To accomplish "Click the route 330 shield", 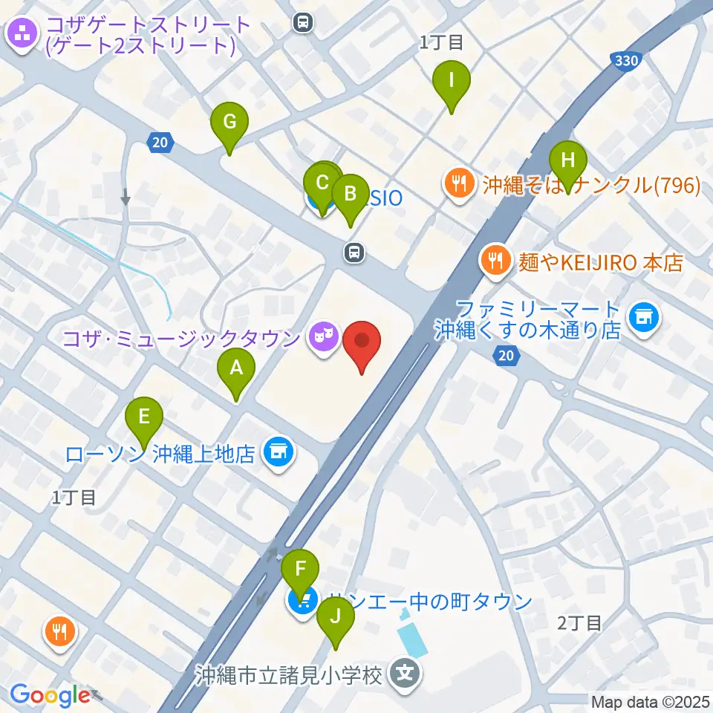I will pos(626,62).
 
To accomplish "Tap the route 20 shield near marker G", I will pos(161,141).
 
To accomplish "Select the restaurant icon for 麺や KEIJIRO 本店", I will pos(494,261).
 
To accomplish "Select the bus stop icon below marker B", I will pos(355,253).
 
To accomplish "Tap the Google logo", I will pos(50,695).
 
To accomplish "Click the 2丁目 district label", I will pos(579,622).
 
